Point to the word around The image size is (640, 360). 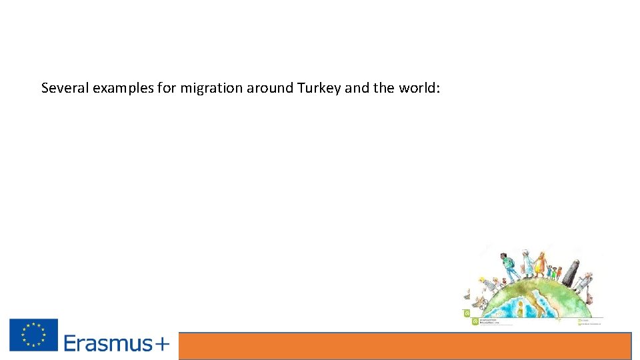[270, 88]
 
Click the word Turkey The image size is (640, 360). [319, 88]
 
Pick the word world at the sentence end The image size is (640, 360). [419, 88]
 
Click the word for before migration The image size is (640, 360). [167, 88]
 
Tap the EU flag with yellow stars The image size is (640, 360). [33, 335]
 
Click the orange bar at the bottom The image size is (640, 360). [405, 346]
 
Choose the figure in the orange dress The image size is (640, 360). [540, 265]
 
